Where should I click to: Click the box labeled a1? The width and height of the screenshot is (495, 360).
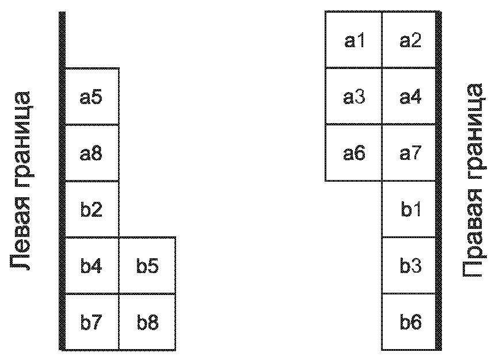(x=353, y=40)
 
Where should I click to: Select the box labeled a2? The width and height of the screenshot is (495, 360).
(x=409, y=40)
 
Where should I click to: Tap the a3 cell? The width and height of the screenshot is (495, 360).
(x=353, y=96)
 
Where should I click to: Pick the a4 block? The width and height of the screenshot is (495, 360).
(x=409, y=96)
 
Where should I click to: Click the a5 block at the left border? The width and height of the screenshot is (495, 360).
(x=92, y=96)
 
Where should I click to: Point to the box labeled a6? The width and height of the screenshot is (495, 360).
(x=353, y=153)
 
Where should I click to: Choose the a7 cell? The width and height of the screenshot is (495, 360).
(x=409, y=153)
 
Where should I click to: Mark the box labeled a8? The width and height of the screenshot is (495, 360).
(x=92, y=153)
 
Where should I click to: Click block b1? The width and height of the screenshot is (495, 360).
(x=409, y=209)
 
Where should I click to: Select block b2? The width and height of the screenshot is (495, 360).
(x=92, y=209)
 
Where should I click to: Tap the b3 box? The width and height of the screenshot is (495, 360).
(x=409, y=265)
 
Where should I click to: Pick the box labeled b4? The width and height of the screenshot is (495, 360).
(x=92, y=265)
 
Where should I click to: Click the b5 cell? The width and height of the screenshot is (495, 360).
(x=147, y=265)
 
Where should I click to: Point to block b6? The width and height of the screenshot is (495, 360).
(x=409, y=322)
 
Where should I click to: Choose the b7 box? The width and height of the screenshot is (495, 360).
(x=92, y=322)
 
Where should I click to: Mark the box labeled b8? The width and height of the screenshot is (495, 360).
(x=147, y=322)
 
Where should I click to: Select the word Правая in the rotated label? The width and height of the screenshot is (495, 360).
(x=473, y=233)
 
